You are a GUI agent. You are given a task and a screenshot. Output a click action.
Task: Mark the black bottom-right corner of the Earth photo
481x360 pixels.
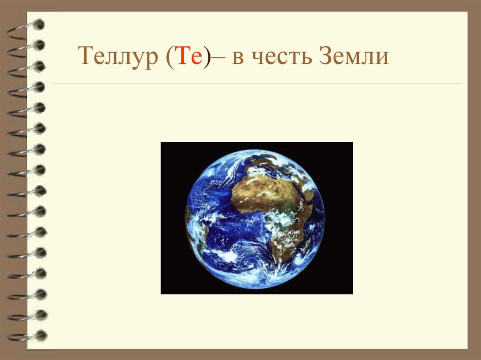click(345, 287)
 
